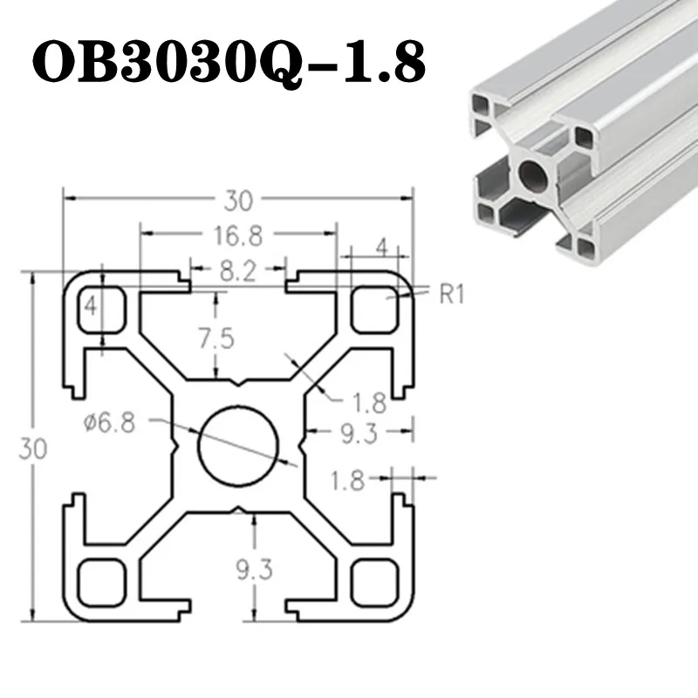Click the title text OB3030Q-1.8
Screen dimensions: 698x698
[229, 61]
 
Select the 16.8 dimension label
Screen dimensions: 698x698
[238, 236]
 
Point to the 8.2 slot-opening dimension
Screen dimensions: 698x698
[238, 270]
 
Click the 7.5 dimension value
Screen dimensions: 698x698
[216, 339]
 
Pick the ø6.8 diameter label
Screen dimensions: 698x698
[110, 422]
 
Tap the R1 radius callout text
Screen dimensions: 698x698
[452, 294]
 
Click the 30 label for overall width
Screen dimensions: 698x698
[238, 201]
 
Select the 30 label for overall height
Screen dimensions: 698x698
[33, 448]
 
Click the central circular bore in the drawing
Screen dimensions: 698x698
[238, 446]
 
